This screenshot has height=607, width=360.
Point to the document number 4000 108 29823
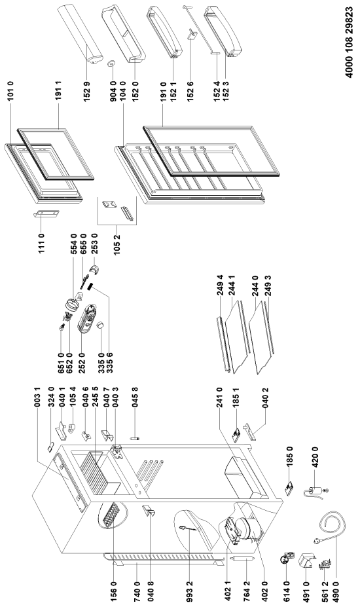coord(349,43)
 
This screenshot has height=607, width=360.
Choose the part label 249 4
coord(220,285)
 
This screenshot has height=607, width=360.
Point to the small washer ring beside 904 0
coord(113,64)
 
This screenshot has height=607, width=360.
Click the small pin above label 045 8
coord(134,438)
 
